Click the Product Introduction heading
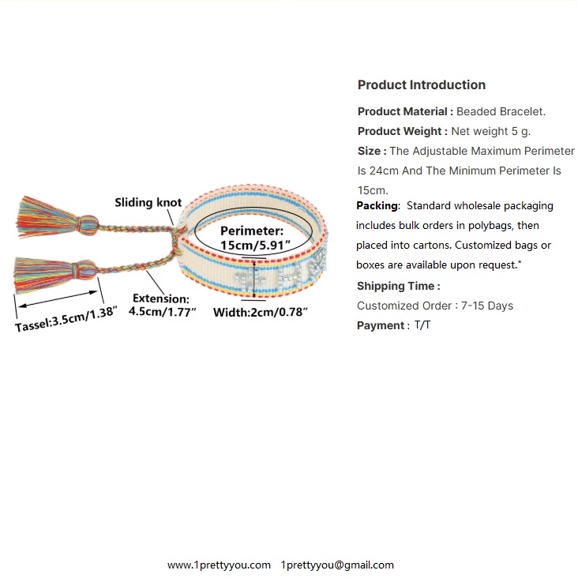421,85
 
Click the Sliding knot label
148,203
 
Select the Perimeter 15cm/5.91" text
251,238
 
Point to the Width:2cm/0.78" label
261,312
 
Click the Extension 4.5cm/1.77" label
160,304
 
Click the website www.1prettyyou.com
219,565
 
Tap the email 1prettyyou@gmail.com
337,565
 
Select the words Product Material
404,111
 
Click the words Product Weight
402,131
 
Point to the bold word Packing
377,205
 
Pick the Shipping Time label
398,286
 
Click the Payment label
382,325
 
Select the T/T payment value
422,325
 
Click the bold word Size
371,151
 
